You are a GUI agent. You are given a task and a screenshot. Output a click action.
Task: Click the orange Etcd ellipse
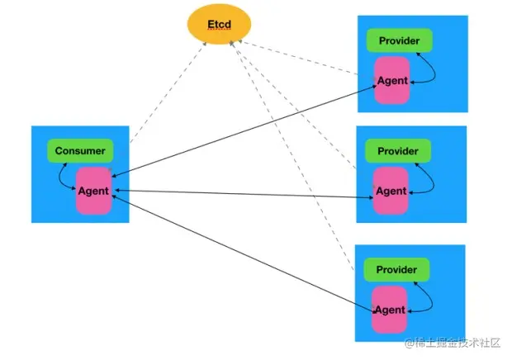pyautogui.click(x=219, y=24)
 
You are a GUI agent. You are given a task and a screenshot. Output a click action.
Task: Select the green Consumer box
pyautogui.click(x=80, y=151)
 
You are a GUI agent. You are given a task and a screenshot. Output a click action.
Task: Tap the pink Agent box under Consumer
pyautogui.click(x=94, y=191)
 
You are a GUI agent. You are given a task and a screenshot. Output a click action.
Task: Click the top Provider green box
pyautogui.click(x=400, y=40)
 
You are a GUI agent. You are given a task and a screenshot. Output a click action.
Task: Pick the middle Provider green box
pyautogui.click(x=398, y=151)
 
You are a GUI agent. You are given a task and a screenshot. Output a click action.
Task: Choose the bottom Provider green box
pyautogui.click(x=396, y=270)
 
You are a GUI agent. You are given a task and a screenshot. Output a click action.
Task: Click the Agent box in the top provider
pyautogui.click(x=392, y=80)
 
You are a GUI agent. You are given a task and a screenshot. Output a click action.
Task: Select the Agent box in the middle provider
pyautogui.click(x=391, y=191)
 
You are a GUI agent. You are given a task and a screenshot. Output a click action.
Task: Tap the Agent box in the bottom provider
pyautogui.click(x=390, y=310)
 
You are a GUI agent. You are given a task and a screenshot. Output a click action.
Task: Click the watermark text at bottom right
pyautogui.click(x=453, y=343)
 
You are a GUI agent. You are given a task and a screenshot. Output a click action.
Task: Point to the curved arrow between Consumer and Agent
pyautogui.click(x=59, y=177)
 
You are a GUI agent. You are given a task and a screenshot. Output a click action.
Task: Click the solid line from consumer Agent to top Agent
pyautogui.click(x=244, y=131)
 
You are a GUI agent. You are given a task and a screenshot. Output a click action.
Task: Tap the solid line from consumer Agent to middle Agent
pyautogui.click(x=244, y=194)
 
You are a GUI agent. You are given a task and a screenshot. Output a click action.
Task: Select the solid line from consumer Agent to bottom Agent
pyautogui.click(x=244, y=254)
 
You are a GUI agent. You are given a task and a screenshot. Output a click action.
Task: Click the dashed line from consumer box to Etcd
pyautogui.click(x=168, y=92)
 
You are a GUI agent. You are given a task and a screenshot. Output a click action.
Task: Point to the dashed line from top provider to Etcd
pyautogui.click(x=298, y=58)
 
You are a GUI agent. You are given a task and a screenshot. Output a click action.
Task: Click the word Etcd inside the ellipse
pyautogui.click(x=220, y=24)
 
